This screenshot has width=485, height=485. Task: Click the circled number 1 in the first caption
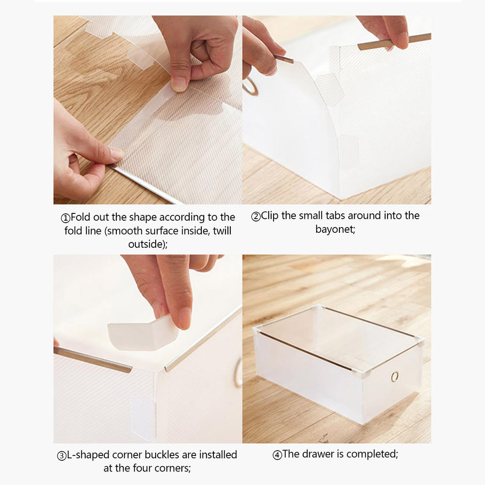(66, 217)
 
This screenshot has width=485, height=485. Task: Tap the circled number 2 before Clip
(256, 216)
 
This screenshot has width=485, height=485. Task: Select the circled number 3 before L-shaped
(62, 455)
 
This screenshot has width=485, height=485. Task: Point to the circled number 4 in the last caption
(277, 455)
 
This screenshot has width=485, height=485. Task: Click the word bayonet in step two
(335, 229)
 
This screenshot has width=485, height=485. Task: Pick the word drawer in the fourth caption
(318, 454)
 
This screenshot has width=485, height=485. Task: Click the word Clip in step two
(270, 215)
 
